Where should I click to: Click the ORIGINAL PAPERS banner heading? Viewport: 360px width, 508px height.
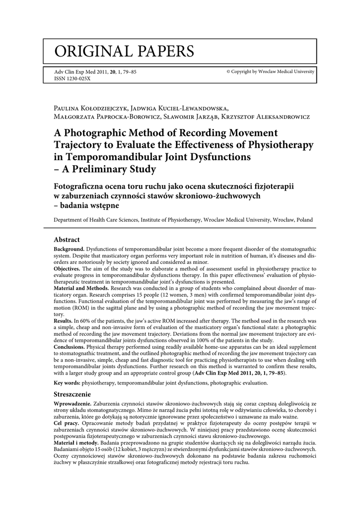coord(125,51)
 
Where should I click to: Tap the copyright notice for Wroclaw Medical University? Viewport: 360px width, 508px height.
coord(270,72)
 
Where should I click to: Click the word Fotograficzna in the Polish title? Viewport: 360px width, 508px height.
coord(83,187)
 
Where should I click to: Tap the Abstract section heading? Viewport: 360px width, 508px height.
coord(67,240)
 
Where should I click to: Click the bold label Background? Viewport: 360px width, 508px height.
coord(69,248)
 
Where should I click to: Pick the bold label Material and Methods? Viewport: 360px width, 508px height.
coord(81,287)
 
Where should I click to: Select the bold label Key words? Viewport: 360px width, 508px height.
coord(67,383)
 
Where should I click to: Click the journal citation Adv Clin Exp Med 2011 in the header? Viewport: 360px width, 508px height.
coord(95,72)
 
